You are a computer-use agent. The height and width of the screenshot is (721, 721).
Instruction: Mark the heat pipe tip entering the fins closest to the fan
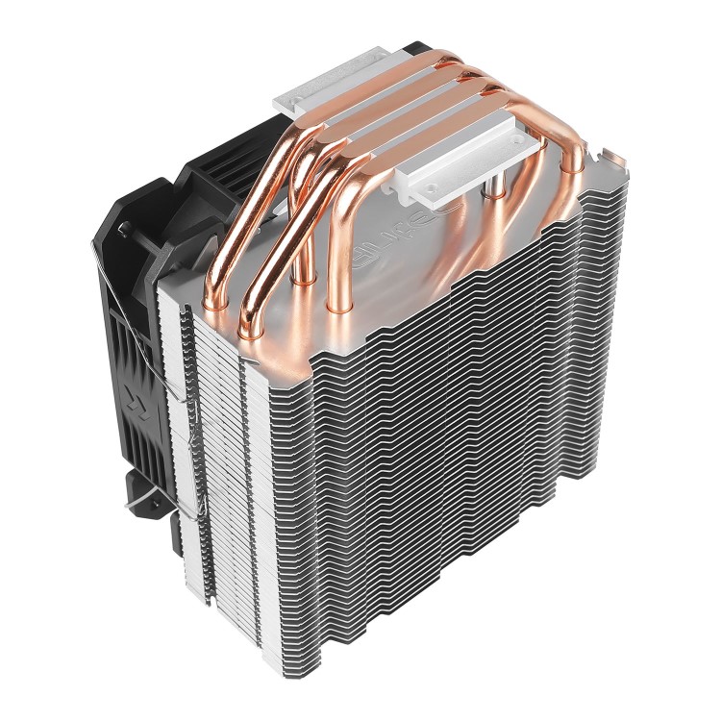(x=245, y=332)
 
